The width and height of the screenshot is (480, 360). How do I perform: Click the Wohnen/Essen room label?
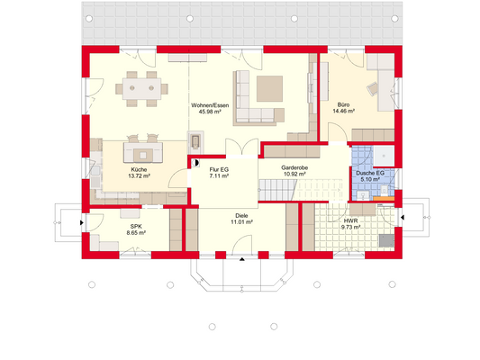[209, 105]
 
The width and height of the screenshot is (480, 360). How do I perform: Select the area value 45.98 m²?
[209, 112]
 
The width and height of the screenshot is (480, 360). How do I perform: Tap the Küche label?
[138, 168]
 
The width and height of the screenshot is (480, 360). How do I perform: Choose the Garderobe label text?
[294, 167]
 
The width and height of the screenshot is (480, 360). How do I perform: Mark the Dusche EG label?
[369, 172]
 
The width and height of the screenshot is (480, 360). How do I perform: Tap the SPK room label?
[136, 226]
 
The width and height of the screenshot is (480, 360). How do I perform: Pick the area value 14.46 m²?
[343, 112]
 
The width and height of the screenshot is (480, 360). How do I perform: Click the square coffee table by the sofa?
[270, 88]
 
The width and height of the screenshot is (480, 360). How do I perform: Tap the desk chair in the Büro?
[375, 87]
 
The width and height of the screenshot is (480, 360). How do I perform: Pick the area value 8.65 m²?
[136, 233]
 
